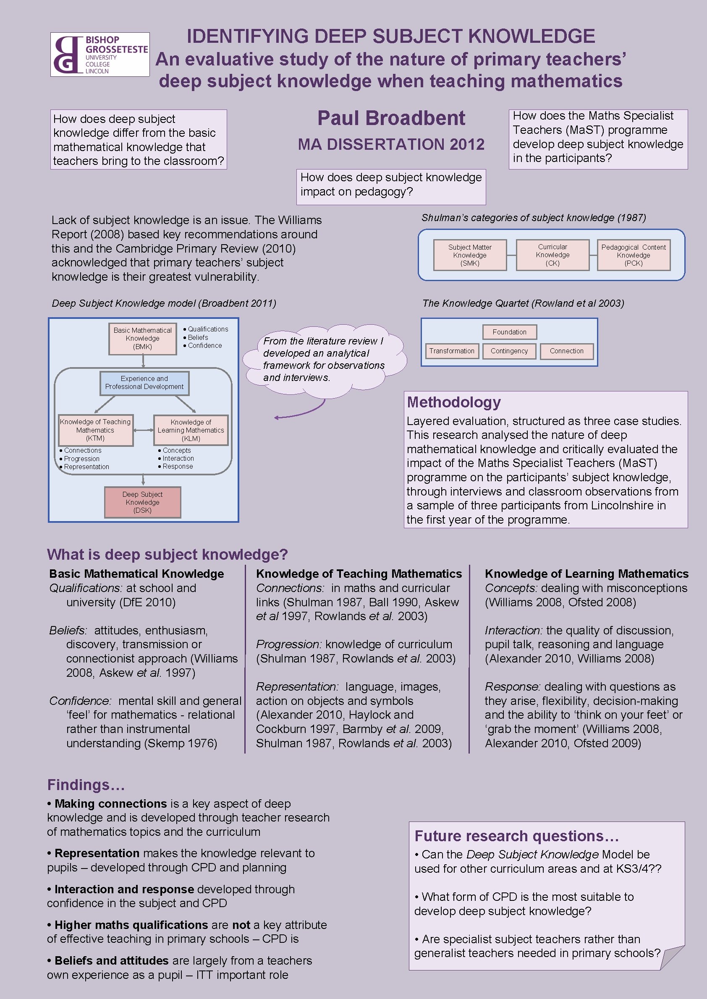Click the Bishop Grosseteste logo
coord(100,55)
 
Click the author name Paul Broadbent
coord(390,118)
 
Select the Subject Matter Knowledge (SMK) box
coord(470,255)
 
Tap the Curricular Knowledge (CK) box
coord(552,255)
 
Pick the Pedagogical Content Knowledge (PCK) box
coord(633,255)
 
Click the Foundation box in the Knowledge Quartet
coord(509,332)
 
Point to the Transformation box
coord(451,351)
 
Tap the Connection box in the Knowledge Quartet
coord(566,351)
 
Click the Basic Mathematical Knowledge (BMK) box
coord(142,339)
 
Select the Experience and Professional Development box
coord(144,383)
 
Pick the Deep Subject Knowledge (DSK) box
coord(142,502)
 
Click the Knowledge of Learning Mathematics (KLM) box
coord(191,430)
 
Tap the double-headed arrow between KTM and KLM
coord(143,430)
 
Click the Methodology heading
coord(453,402)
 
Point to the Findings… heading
coord(86,785)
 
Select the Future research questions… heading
coord(516,836)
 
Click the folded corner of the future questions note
coord(671,959)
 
